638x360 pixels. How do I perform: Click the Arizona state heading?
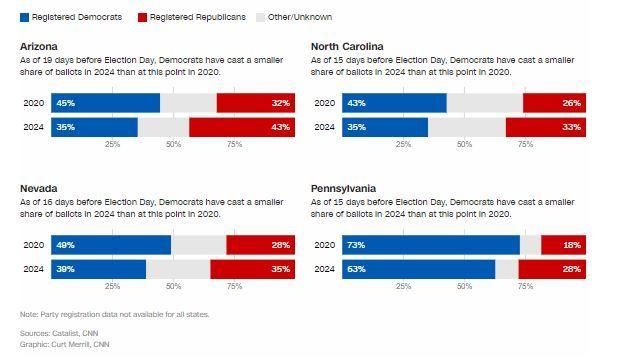point(39,47)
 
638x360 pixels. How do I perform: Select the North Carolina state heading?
point(347,47)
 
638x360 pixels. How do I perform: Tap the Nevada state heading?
point(38,188)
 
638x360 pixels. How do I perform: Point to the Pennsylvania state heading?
point(344,188)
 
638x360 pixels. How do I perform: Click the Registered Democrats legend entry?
point(70,17)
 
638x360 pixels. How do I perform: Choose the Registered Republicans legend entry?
point(191,17)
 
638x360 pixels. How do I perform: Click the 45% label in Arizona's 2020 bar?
point(66,103)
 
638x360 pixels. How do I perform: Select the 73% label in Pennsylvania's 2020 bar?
point(356,245)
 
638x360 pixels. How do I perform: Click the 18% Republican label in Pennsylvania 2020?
point(571,245)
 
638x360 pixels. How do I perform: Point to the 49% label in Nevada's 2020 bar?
point(66,245)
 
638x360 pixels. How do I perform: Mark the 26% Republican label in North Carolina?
point(571,103)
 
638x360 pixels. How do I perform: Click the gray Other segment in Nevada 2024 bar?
point(178,269)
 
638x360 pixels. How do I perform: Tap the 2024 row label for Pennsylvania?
point(324,269)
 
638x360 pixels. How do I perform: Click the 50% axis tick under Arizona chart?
point(173,145)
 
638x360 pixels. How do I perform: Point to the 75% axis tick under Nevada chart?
point(234,287)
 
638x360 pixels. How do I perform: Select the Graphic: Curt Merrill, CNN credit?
point(64,344)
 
